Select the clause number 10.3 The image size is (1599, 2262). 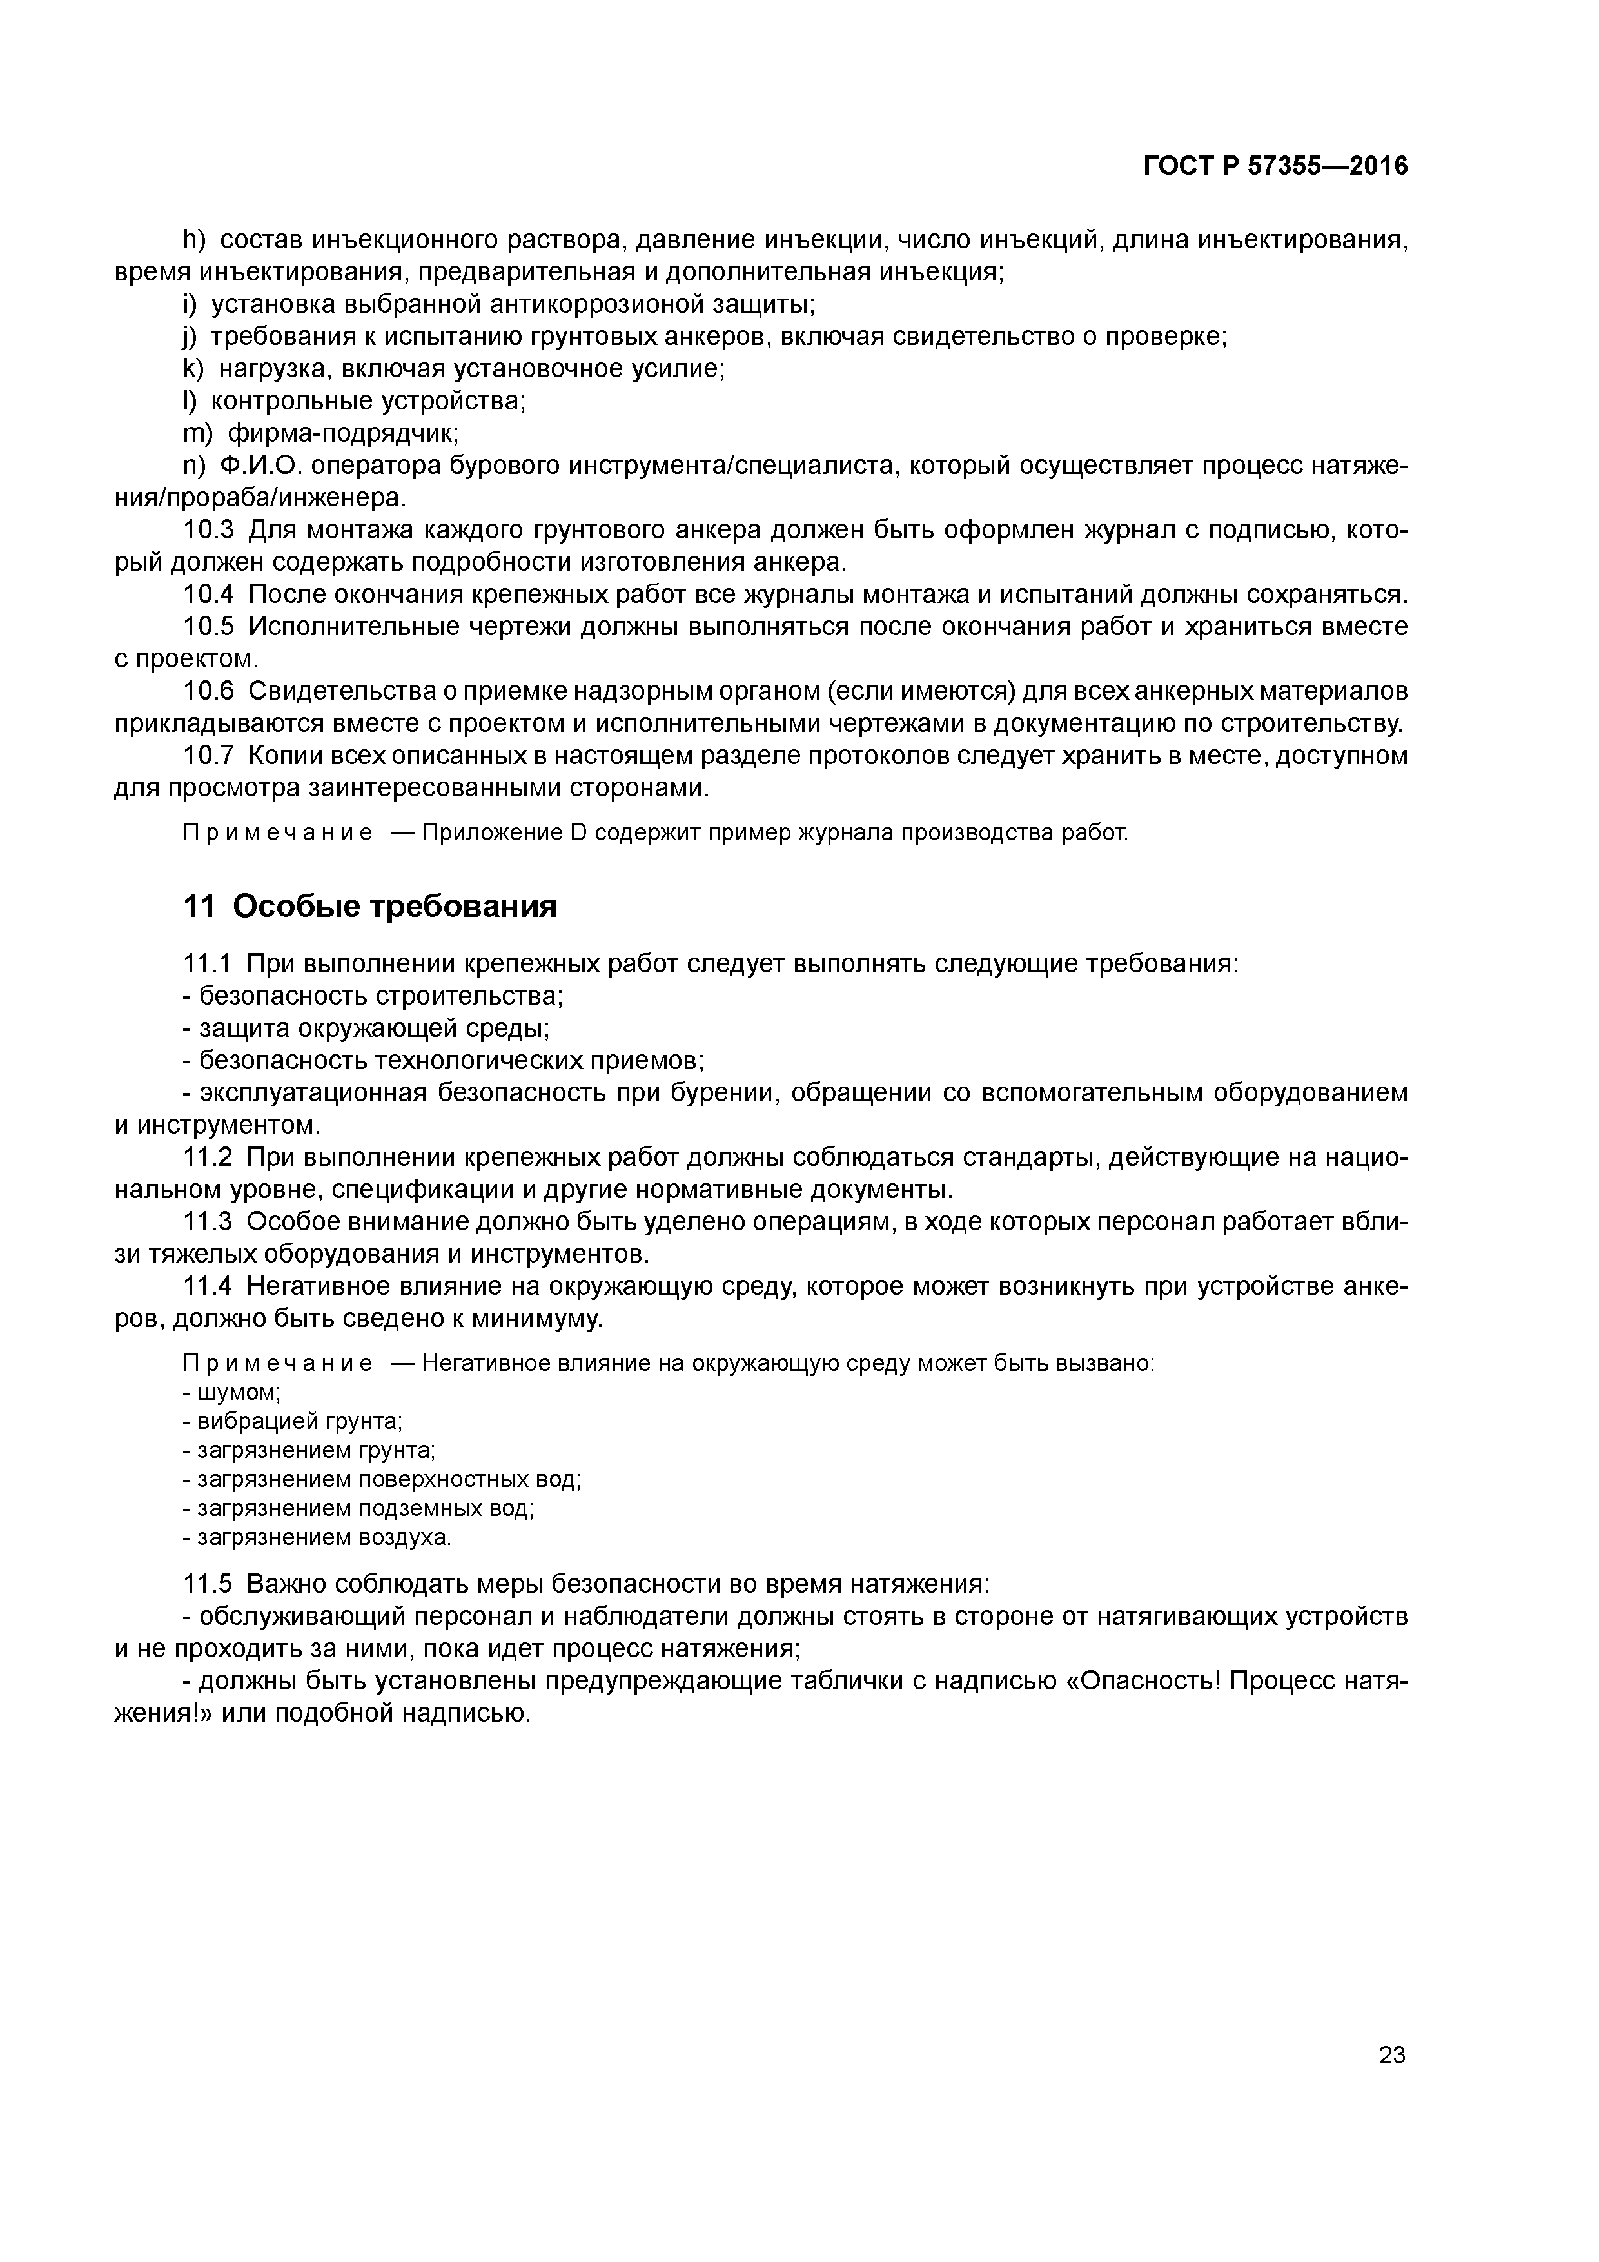point(209,530)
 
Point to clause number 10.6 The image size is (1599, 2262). point(209,692)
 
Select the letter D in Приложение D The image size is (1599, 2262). point(577,834)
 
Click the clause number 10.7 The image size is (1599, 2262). point(209,756)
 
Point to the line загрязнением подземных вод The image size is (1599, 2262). point(364,1510)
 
